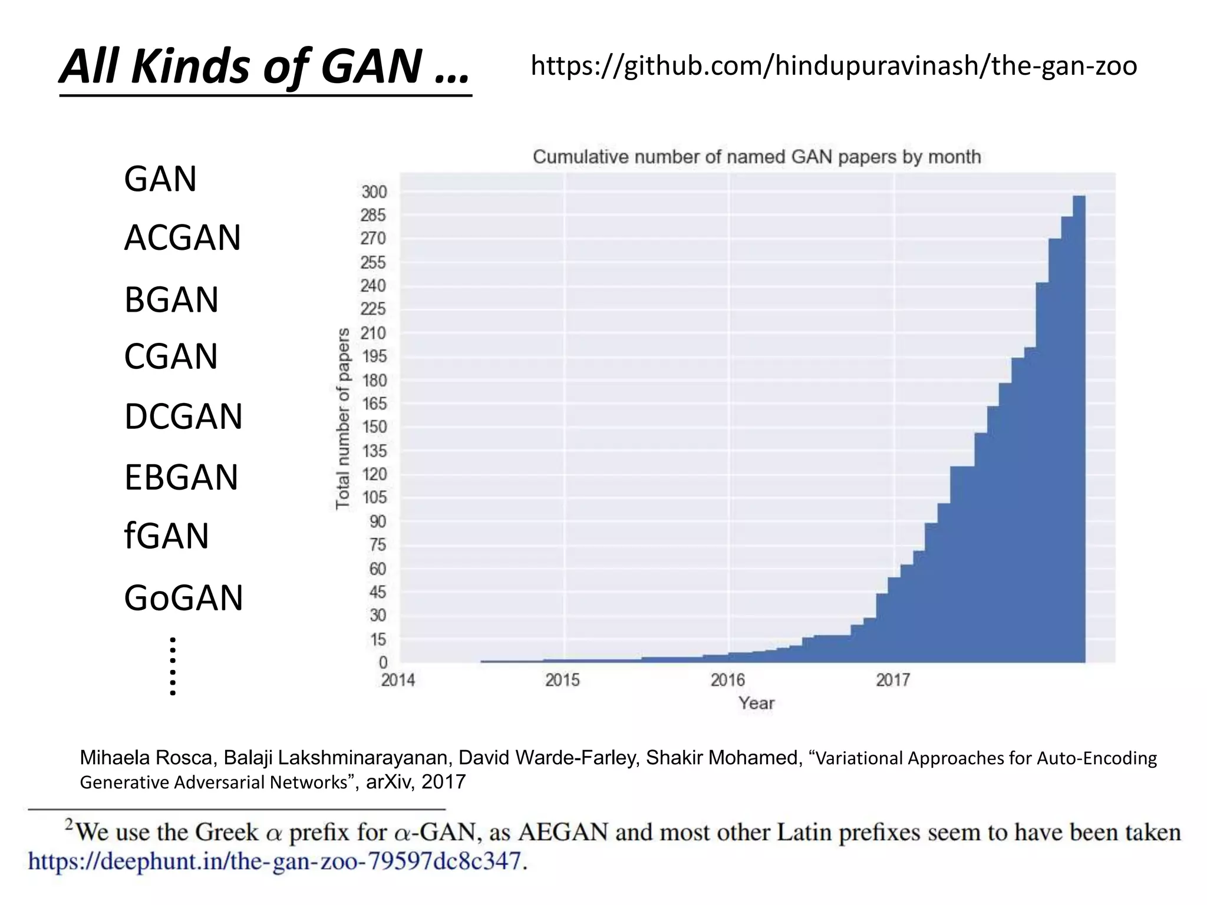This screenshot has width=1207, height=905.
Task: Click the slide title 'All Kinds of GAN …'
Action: [265, 66]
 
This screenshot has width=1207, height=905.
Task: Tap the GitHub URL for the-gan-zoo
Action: [833, 66]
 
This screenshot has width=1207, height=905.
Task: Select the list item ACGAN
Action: [182, 238]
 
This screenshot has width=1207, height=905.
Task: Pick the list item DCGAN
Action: [183, 417]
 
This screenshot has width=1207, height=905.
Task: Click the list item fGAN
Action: [166, 536]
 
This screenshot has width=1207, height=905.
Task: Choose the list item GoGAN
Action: [183, 598]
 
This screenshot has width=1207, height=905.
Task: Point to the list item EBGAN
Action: [181, 477]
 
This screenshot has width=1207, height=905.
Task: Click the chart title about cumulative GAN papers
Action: [757, 157]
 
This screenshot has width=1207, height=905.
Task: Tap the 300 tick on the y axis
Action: [374, 192]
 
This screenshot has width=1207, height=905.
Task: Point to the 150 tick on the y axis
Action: [374, 427]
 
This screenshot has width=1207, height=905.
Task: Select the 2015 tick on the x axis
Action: [562, 681]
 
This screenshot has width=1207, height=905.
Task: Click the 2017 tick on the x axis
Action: [893, 681]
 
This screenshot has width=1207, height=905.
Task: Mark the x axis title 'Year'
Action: [757, 703]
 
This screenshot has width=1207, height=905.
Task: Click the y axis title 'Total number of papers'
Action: [343, 418]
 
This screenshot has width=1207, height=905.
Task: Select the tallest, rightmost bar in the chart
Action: [1079, 430]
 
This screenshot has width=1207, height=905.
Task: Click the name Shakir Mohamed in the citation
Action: [723, 758]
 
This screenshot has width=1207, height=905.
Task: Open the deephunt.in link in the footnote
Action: [275, 861]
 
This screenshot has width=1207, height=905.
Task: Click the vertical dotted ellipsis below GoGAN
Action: [173, 666]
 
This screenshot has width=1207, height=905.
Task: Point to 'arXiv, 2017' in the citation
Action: [415, 782]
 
